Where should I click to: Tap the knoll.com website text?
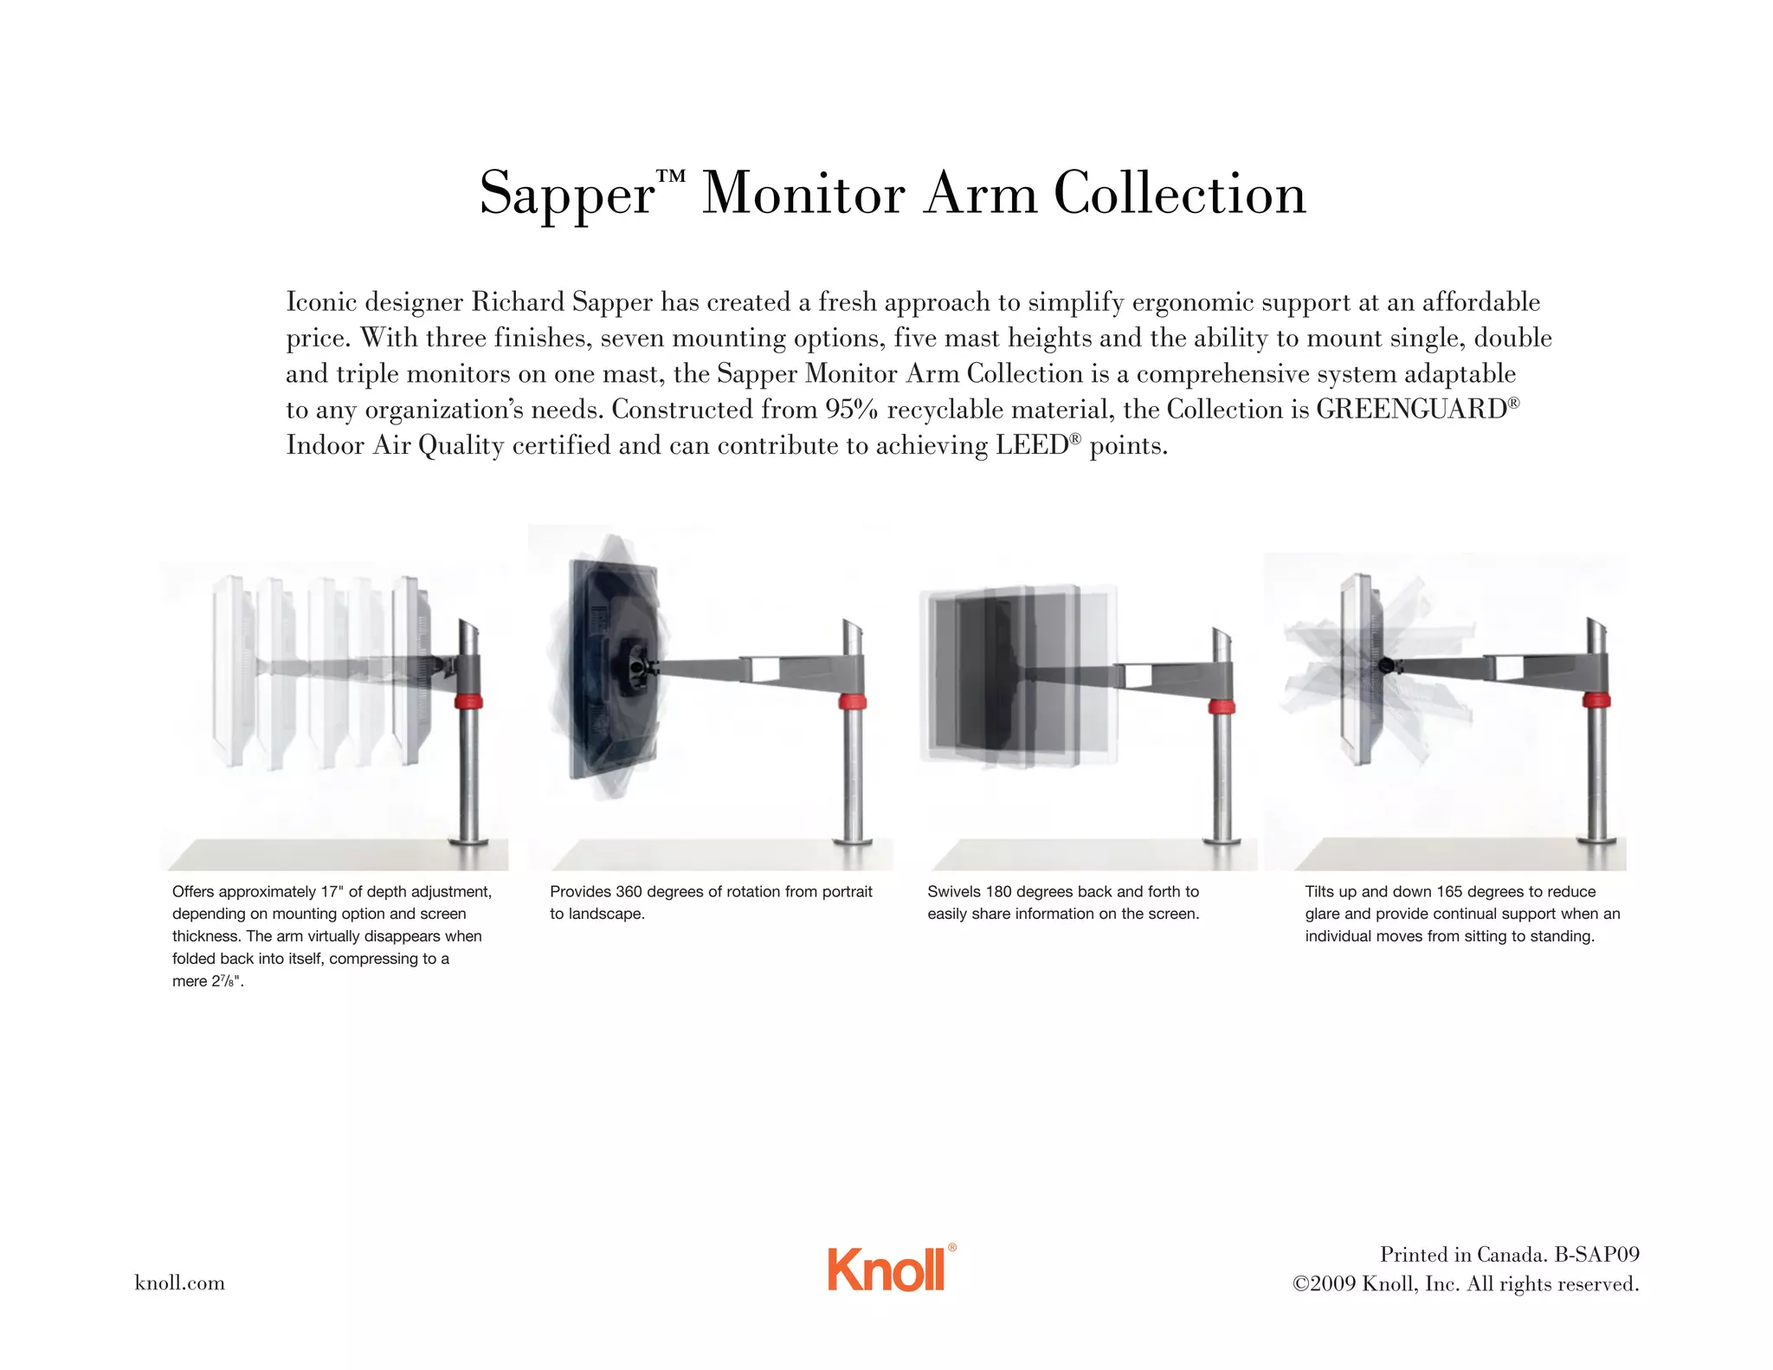[180, 1283]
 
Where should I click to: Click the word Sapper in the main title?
[568, 194]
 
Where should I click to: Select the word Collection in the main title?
[1180, 193]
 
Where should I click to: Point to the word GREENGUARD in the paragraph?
[1412, 409]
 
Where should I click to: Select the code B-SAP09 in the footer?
[1597, 1255]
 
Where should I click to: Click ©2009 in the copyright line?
[1324, 1284]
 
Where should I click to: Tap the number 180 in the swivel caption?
[999, 892]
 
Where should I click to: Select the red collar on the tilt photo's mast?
[1596, 701]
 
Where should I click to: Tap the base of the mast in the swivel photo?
[1222, 841]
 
